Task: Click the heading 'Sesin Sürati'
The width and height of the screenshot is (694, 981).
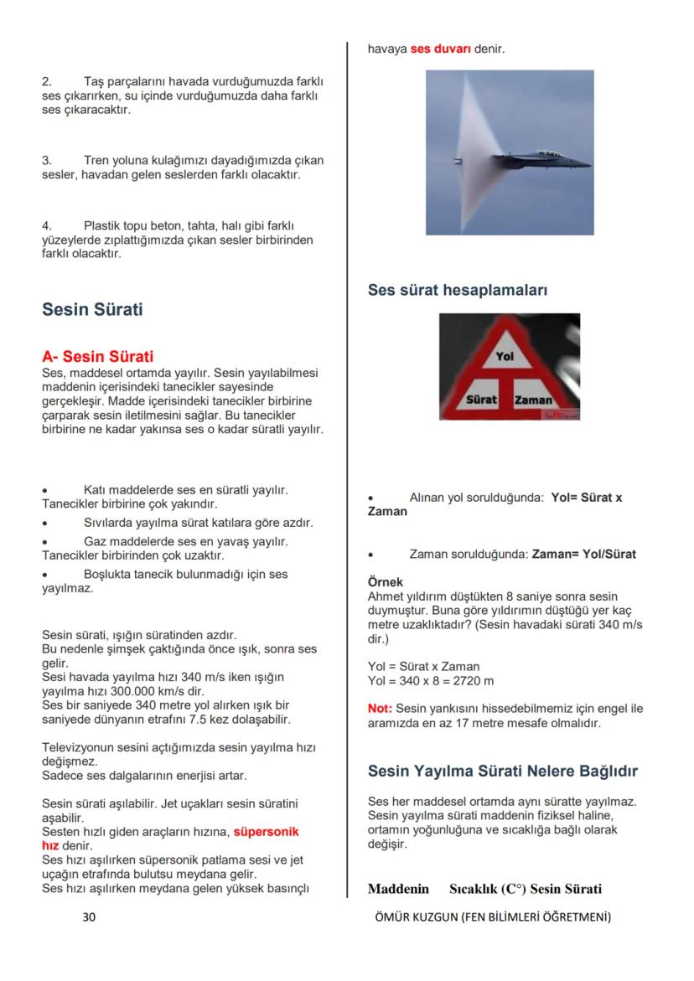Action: coord(92,309)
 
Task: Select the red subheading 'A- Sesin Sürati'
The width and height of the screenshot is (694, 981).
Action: coord(97,357)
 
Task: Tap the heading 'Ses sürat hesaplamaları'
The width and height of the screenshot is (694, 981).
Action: coord(458,290)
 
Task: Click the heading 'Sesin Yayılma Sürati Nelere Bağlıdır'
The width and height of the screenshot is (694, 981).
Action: coord(503,770)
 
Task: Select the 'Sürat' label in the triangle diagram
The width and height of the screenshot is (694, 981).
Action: coord(481,400)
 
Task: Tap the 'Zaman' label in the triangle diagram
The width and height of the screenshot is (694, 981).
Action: coord(533,400)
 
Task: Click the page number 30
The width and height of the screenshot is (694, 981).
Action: coord(89,916)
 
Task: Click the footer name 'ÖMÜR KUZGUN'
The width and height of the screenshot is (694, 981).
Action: coord(416,916)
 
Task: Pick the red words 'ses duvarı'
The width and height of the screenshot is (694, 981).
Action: coord(441,49)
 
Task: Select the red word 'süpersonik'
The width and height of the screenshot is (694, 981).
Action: coord(266,832)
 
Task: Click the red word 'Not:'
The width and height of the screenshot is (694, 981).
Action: coord(380,708)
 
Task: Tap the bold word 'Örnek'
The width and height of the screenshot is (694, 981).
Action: coord(386,581)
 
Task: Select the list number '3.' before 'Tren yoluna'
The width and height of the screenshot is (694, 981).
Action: coord(47,159)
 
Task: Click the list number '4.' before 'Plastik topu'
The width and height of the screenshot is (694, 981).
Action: coord(47,225)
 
